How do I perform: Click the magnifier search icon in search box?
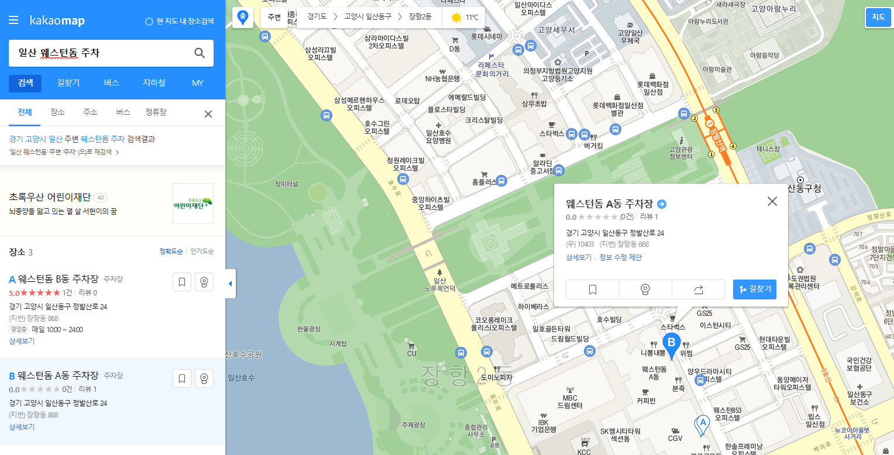[x=200, y=53]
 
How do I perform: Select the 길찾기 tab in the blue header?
[x=68, y=83]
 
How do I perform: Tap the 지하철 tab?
[x=154, y=83]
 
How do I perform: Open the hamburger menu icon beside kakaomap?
[x=13, y=21]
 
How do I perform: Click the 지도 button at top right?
[x=878, y=17]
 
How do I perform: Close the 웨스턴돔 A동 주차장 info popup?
[x=772, y=201]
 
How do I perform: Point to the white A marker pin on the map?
[x=702, y=424]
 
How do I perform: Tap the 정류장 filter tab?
[x=156, y=112]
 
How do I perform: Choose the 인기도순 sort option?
[x=202, y=251]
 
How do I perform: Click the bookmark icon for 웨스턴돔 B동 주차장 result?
[x=182, y=282]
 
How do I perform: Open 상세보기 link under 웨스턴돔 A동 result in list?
[x=22, y=427]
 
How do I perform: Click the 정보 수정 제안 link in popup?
[x=620, y=257]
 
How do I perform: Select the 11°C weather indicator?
[x=465, y=18]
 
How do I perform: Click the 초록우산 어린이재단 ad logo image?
[x=193, y=204]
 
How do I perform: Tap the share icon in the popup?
[x=698, y=289]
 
